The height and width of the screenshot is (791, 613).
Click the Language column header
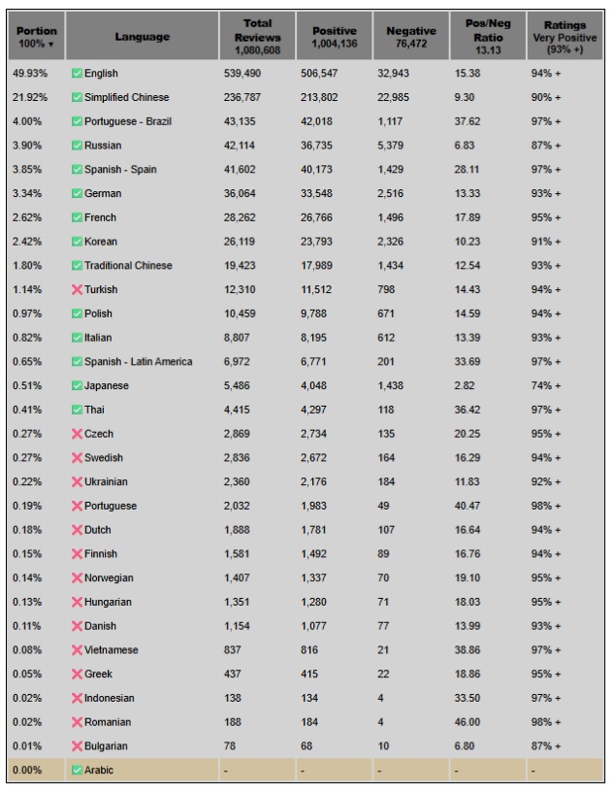click(x=142, y=37)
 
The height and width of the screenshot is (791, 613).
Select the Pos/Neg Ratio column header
click(x=489, y=37)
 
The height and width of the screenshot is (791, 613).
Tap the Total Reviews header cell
click(x=257, y=36)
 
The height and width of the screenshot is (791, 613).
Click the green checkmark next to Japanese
click(x=77, y=385)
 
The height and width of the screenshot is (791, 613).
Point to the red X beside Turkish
click(x=77, y=289)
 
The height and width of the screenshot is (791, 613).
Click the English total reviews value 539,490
click(x=243, y=74)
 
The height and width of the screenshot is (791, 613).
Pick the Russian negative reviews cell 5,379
click(x=391, y=146)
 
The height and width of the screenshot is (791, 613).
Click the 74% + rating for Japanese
click(x=545, y=385)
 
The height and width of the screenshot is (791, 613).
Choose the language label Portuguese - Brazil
click(x=128, y=121)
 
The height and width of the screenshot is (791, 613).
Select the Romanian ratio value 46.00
click(x=467, y=722)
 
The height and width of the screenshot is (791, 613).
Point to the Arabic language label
click(x=99, y=771)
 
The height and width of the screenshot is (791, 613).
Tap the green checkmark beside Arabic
click(x=77, y=771)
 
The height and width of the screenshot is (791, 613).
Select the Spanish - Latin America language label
click(x=138, y=362)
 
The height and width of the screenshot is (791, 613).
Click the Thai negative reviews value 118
click(x=385, y=410)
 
